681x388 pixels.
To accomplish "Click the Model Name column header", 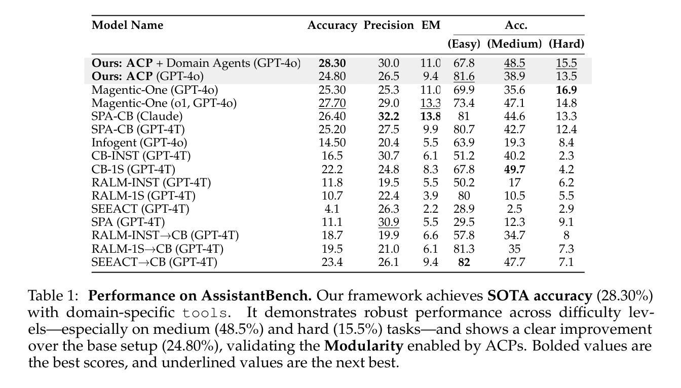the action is pos(127,25).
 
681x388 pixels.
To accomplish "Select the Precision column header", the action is pos(389,25).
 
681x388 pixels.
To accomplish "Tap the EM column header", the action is pos(431,25).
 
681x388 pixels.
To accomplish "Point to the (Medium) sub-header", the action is pos(514,44).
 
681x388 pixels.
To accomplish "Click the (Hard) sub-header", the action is pos(566,44).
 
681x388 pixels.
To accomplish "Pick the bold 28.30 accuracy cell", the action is pos(332,63).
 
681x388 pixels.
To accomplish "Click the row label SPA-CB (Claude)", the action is pos(137,116).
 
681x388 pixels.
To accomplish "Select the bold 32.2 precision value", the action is pos(389,116).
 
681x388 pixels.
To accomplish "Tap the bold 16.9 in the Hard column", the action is pos(566,90).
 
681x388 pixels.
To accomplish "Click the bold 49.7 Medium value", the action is pos(514,169).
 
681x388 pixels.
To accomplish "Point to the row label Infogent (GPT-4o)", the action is pos(139,142).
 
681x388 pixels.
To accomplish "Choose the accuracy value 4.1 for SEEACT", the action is pos(332,209).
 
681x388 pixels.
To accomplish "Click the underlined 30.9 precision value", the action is pos(389,222).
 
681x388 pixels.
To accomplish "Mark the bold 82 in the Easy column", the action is pos(464,261).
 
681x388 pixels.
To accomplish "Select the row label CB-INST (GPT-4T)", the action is pos(141,156).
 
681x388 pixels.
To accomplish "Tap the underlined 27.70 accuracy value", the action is pos(332,103).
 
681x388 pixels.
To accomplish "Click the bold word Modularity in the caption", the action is pos(364,346).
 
